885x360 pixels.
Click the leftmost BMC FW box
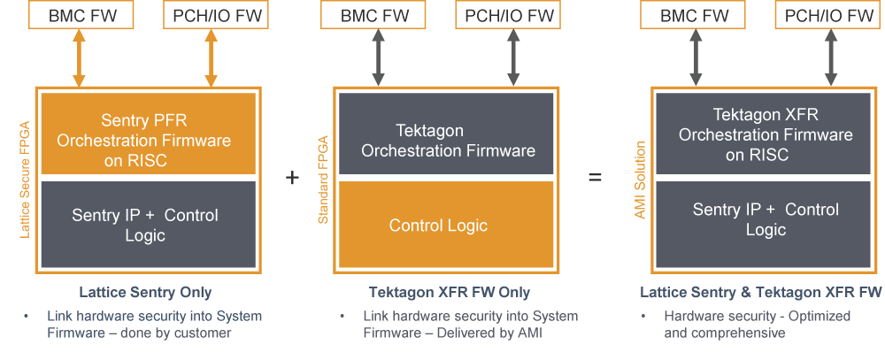pyautogui.click(x=79, y=15)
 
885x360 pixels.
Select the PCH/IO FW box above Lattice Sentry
pyautogui.click(x=212, y=15)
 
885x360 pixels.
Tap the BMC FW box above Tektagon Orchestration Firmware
pyautogui.click(x=378, y=15)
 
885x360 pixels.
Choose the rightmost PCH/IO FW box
pyautogui.click(x=830, y=15)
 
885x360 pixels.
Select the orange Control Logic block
pyautogui.click(x=444, y=226)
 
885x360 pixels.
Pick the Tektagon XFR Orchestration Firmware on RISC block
pyautogui.click(x=765, y=134)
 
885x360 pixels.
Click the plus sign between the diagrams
pyautogui.click(x=292, y=178)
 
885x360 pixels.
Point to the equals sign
pyautogui.click(x=595, y=178)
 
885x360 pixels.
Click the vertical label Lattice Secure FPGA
pyautogui.click(x=25, y=177)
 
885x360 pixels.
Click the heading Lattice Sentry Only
pyautogui.click(x=146, y=293)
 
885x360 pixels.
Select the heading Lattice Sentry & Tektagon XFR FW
pyautogui.click(x=760, y=293)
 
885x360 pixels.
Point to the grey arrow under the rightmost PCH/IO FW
pyautogui.click(x=830, y=58)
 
